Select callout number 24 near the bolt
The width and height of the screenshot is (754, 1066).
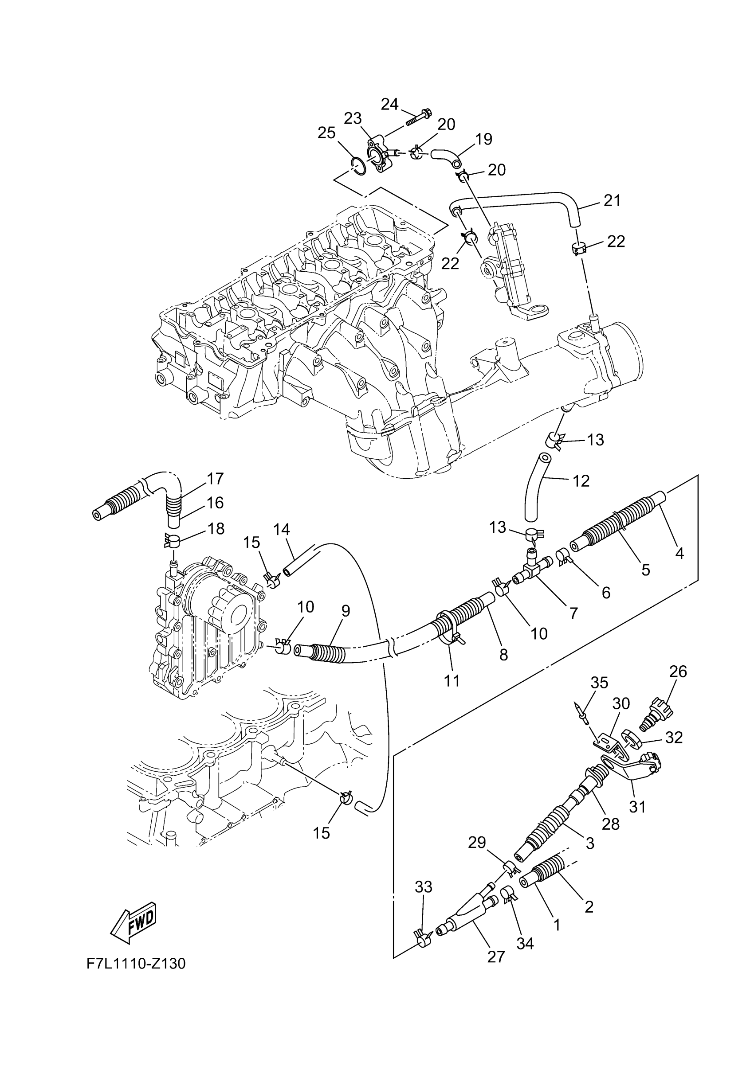390,105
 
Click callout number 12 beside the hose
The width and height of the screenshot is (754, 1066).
581,481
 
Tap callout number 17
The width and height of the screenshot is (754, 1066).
215,478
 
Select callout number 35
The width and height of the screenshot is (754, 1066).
599,683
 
